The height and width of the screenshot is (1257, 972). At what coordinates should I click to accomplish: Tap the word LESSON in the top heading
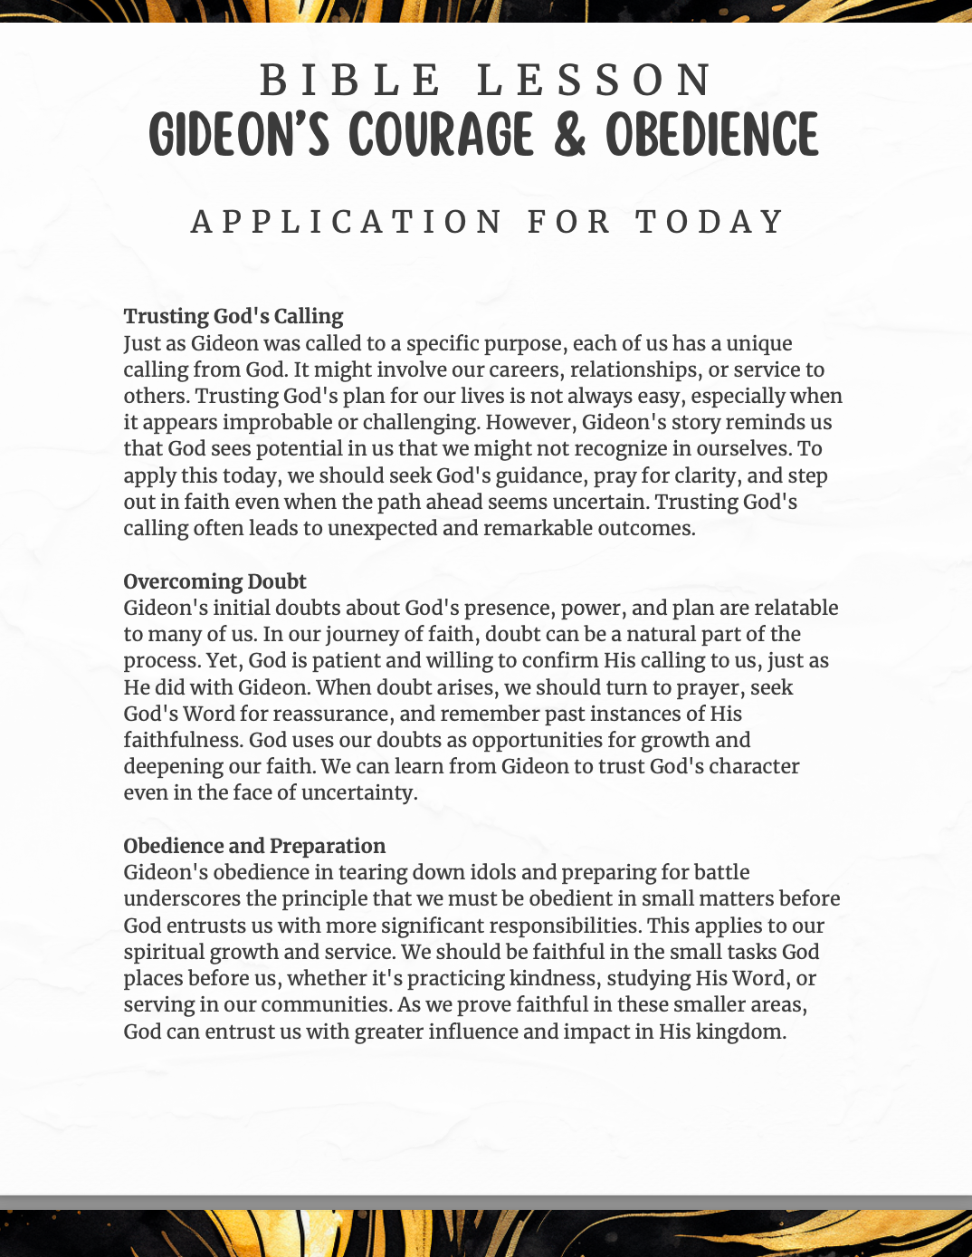596,81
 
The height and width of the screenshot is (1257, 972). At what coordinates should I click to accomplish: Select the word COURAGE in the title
442,136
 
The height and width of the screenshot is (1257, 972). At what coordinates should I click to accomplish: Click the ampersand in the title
569,136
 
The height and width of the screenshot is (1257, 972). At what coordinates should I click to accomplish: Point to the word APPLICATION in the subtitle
347,222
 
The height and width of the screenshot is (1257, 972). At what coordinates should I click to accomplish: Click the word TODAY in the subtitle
710,222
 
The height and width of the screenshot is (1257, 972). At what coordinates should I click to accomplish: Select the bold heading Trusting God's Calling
233,316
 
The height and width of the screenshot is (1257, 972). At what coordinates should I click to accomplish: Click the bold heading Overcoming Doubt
214,581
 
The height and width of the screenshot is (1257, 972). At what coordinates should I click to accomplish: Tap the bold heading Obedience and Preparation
254,846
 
